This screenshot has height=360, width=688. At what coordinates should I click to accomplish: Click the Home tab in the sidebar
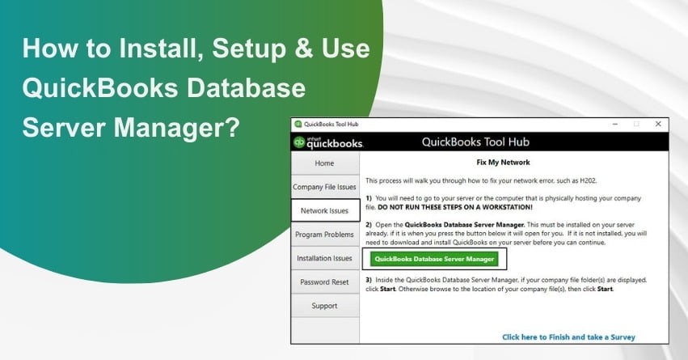324,163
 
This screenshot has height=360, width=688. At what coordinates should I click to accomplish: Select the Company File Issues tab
324,187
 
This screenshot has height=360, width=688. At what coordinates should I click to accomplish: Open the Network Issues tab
324,210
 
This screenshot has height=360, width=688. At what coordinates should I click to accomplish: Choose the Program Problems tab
324,235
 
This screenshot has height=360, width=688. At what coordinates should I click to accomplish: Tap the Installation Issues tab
324,258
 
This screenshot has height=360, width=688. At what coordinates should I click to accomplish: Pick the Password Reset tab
324,282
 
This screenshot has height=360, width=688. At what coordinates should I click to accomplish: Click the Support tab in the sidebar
324,306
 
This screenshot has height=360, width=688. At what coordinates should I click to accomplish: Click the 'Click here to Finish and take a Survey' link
568,337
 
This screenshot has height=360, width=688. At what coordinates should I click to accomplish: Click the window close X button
656,124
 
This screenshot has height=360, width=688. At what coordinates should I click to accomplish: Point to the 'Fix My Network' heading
515,162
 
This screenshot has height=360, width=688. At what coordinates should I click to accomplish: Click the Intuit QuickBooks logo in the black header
328,142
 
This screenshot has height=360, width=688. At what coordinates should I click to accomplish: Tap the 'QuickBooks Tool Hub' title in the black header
475,142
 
